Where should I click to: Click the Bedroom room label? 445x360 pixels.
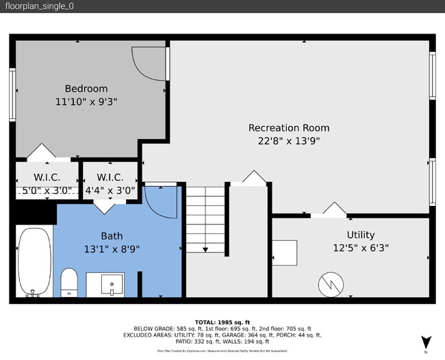tap(86, 88)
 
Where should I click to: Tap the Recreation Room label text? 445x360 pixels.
tap(288, 127)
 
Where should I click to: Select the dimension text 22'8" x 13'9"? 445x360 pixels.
tap(288, 141)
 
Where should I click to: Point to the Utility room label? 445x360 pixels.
tap(360, 235)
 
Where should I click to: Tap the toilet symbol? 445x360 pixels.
tap(69, 283)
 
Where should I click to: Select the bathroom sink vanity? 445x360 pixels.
tap(105, 284)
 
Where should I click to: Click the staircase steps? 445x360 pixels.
tap(206, 218)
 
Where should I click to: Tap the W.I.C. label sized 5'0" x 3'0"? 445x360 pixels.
tap(46, 178)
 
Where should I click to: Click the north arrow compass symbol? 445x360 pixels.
tap(427, 341)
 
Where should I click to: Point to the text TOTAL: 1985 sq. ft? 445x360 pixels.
tap(223, 322)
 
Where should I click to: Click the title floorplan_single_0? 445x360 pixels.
tap(40, 6)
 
